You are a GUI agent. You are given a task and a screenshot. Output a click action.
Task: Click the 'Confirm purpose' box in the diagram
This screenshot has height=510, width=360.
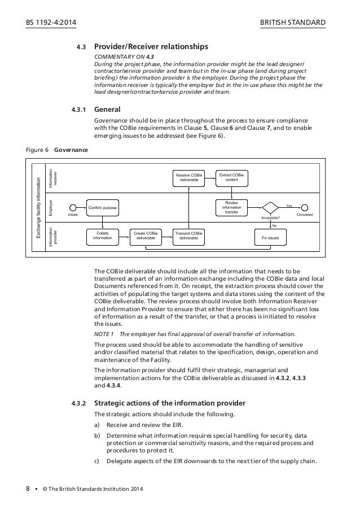pyautogui.click(x=102, y=208)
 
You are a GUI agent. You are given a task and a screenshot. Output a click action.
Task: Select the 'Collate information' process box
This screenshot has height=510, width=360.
pyautogui.click(x=102, y=236)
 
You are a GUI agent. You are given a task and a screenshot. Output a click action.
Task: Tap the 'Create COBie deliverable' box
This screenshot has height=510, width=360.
pyautogui.click(x=145, y=236)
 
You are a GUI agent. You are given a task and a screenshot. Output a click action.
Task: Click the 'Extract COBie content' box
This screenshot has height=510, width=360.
pyautogui.click(x=231, y=177)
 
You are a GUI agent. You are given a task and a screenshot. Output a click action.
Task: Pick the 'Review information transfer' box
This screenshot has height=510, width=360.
pyautogui.click(x=231, y=207)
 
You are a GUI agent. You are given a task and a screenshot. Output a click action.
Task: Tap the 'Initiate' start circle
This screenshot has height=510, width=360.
pyautogui.click(x=73, y=208)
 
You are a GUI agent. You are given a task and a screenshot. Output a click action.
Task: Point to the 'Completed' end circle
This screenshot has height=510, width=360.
pyautogui.click(x=305, y=208)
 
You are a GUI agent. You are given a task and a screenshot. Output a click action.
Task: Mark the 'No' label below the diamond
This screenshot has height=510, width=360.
pyautogui.click(x=275, y=225)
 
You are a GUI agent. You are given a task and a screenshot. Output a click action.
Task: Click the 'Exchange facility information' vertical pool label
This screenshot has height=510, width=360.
pyautogui.click(x=38, y=208)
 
